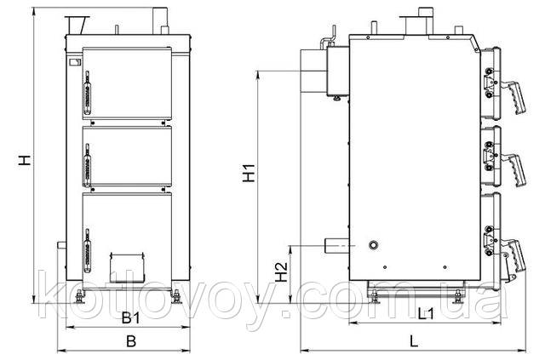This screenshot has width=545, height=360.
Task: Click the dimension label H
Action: [25, 160]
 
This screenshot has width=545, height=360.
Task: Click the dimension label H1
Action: [249, 173]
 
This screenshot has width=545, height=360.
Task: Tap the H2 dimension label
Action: [281, 271]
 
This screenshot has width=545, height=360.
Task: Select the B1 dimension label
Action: [130, 317]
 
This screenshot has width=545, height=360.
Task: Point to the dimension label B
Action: [131, 341]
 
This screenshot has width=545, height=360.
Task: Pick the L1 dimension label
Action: [426, 315]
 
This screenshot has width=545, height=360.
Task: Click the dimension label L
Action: [413, 341]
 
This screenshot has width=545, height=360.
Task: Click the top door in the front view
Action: [127, 83]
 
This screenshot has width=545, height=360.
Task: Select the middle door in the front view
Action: [127, 157]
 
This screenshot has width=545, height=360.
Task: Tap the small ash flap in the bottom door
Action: [127, 267]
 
